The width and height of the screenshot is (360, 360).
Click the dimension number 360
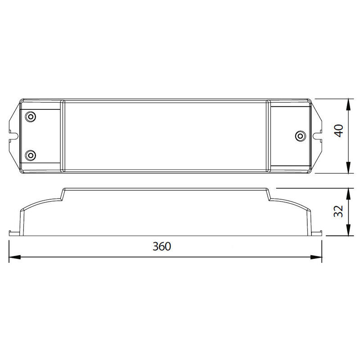pos(162,246)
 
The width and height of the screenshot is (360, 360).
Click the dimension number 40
pos(338,130)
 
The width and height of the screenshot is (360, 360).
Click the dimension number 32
pos(338,211)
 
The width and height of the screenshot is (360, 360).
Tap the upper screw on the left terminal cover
pos(30,117)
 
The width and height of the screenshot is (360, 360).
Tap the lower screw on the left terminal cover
pos(30,155)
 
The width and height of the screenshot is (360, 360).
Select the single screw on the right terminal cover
pos(300,136)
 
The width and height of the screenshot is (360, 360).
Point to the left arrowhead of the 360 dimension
pos(15,257)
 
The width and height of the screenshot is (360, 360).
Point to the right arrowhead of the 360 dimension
pos(316,257)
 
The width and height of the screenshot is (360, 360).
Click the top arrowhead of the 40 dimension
pos(348,105)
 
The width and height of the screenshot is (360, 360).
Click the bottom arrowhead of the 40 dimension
pos(348,167)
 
